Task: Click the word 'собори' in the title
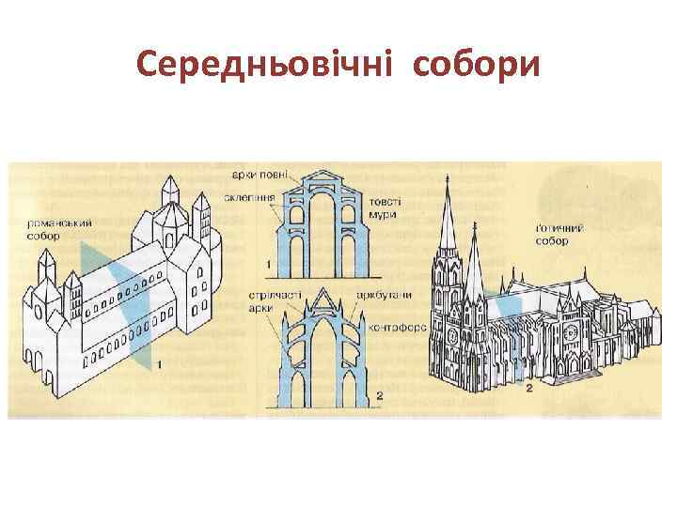pyautogui.click(x=477, y=65)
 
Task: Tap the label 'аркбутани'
pyautogui.click(x=385, y=295)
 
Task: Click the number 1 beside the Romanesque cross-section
pyautogui.click(x=270, y=266)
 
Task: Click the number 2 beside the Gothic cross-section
pyautogui.click(x=378, y=396)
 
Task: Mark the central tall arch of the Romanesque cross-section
pyautogui.click(x=325, y=225)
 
